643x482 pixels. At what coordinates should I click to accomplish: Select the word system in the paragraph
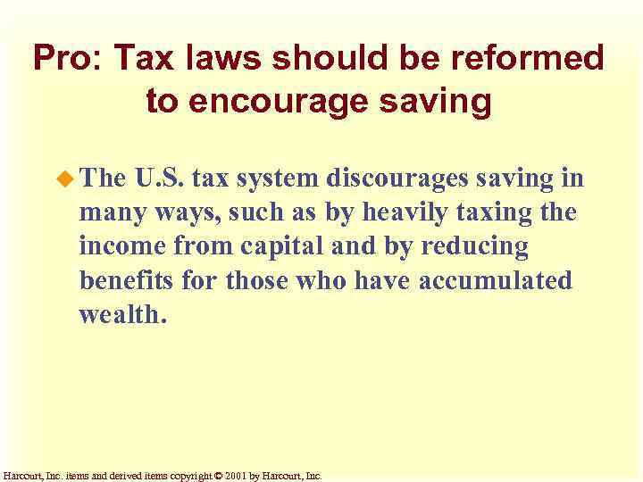click(x=275, y=179)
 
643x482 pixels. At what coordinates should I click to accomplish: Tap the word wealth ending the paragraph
click(x=121, y=314)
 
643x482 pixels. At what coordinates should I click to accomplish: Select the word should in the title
click(x=347, y=59)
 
